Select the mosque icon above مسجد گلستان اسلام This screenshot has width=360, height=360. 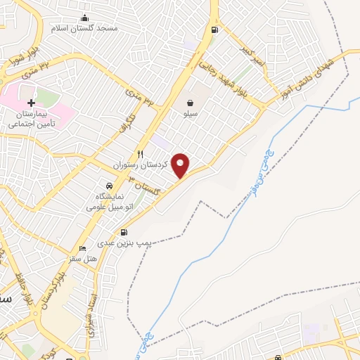pyautogui.click(x=85, y=18)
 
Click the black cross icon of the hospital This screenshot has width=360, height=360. pyautogui.click(x=31, y=103)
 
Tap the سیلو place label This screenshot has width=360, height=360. pyautogui.click(x=191, y=112)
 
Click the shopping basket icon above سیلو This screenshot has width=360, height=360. pyautogui.click(x=191, y=103)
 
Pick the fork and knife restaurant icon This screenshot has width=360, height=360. pyautogui.click(x=140, y=154)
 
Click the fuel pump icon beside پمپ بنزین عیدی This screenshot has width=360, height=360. pyautogui.click(x=124, y=232)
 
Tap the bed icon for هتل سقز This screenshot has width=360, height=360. pyautogui.click(x=83, y=248)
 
